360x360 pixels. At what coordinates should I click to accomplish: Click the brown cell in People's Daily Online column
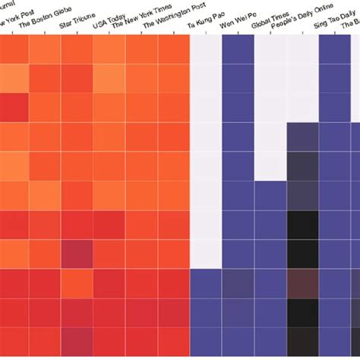pyautogui.click(x=302, y=282)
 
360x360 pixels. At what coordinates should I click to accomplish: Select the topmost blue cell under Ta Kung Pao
pyautogui.click(x=205, y=282)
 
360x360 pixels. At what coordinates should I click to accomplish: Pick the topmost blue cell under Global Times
pyautogui.click(x=270, y=194)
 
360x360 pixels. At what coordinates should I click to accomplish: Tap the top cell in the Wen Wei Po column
pyautogui.click(x=238, y=49)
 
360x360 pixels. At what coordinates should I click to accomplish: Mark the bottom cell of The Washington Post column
pyautogui.click(x=173, y=342)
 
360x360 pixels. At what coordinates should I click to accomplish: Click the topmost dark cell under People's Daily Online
pyautogui.click(x=302, y=136)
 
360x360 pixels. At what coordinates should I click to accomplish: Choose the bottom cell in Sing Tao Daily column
pyautogui.click(x=334, y=342)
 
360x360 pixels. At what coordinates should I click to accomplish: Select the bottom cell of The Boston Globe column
pyautogui.click(x=45, y=342)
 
